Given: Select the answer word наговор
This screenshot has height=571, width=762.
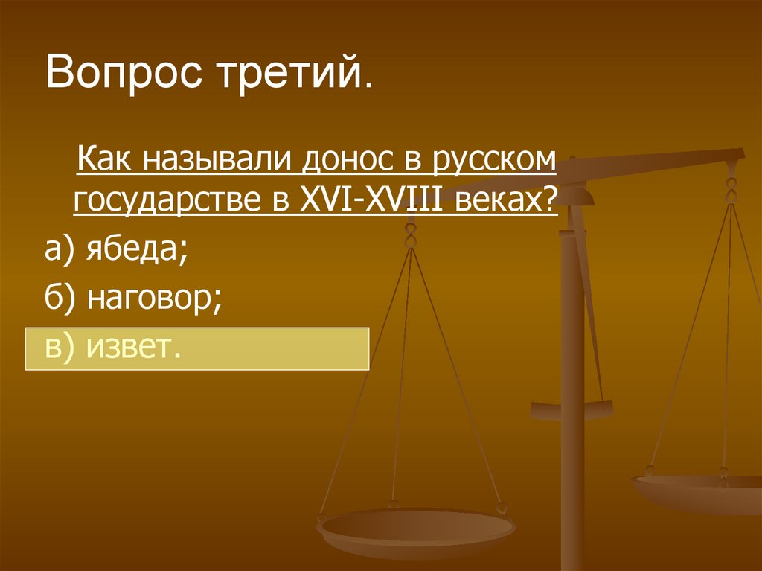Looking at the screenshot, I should [x=153, y=299].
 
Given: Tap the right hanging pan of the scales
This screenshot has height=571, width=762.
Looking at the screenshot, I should [x=699, y=491].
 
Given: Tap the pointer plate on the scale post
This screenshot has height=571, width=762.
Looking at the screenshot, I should [x=571, y=408].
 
